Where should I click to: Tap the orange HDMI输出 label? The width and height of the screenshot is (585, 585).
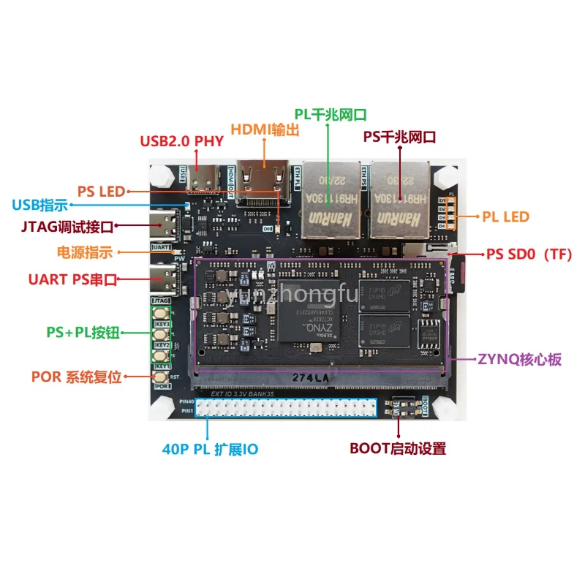[265, 129]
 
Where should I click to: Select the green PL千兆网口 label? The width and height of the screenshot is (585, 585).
[331, 114]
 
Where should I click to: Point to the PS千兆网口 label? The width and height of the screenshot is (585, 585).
[400, 136]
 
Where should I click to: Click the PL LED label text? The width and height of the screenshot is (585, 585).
[505, 216]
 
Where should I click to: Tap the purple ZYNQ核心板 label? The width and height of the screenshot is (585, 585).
[520, 360]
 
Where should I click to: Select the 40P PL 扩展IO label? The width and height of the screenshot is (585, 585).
[210, 449]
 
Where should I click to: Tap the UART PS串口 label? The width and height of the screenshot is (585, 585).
[72, 278]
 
